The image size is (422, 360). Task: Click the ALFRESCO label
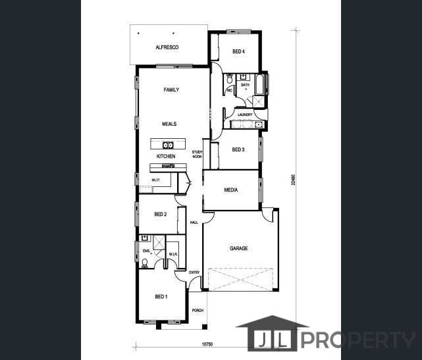point(167,47)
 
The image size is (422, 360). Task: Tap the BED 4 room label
point(239,51)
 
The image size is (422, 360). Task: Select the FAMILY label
point(171,90)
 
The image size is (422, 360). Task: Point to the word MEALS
point(169,124)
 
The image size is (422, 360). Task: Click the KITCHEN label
point(166,156)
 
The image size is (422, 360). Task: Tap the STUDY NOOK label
point(196,155)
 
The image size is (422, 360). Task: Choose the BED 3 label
point(238,149)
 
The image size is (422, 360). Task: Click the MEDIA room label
point(230,190)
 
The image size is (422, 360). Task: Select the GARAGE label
point(238,249)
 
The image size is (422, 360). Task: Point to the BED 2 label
point(161,215)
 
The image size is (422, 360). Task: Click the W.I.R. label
point(172,254)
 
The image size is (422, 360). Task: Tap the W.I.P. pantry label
point(156,180)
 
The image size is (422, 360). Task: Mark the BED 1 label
point(161,297)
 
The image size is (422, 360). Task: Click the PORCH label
point(198,311)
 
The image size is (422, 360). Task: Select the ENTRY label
point(194,272)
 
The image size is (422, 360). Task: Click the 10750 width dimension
point(208,344)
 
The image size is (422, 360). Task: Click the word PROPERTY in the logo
point(359,340)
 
